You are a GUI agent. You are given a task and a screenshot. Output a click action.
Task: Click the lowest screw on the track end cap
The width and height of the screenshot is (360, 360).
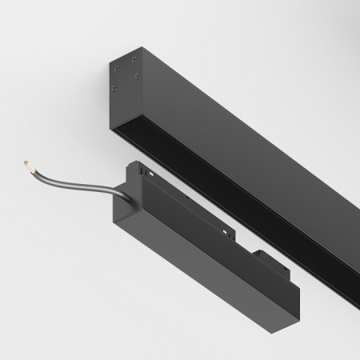[x=115, y=90]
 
